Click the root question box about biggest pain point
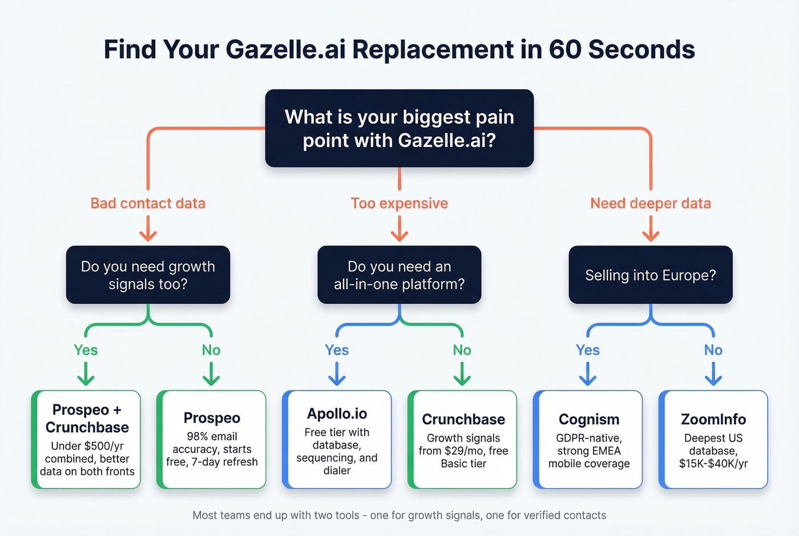pyautogui.click(x=399, y=128)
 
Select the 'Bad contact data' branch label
pyautogui.click(x=148, y=203)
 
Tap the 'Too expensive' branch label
pyautogui.click(x=399, y=203)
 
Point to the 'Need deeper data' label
pyautogui.click(x=651, y=203)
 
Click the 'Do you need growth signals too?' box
pyautogui.click(x=148, y=275)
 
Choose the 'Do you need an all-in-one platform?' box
pyautogui.click(x=399, y=275)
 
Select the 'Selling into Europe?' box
pyautogui.click(x=651, y=275)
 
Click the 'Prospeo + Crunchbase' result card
pyautogui.click(x=87, y=440)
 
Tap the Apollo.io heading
pyautogui.click(x=337, y=413)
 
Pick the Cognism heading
pyautogui.click(x=589, y=419)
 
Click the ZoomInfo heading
pyautogui.click(x=713, y=419)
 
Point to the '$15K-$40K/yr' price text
pyautogui.click(x=713, y=464)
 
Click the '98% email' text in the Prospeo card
pyautogui.click(x=212, y=436)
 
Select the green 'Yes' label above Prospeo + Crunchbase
pyautogui.click(x=86, y=350)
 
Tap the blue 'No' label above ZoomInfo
pyautogui.click(x=713, y=350)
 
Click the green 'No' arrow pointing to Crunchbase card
pyautogui.click(x=462, y=374)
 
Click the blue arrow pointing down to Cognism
pyautogui.click(x=588, y=374)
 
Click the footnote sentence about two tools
pyautogui.click(x=399, y=515)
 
